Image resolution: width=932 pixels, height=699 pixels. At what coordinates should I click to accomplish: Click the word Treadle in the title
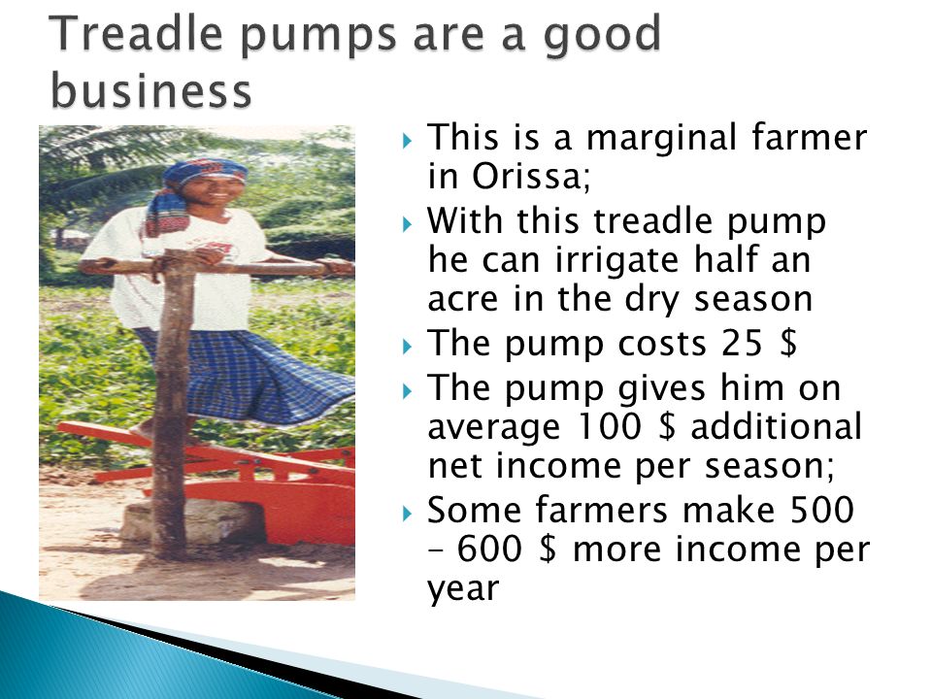coord(140,35)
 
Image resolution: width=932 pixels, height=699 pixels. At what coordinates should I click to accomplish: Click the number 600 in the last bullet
coord(488,549)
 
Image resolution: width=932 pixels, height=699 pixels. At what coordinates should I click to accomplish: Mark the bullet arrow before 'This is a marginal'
coord(407,142)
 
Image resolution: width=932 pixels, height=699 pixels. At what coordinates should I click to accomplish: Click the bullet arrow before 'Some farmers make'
coord(407,513)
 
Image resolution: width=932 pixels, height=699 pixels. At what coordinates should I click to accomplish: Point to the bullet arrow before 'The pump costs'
coord(407,346)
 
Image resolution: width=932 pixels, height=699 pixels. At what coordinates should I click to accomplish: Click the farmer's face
coord(213,191)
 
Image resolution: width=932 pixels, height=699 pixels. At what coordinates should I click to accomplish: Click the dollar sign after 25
coord(788,343)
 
